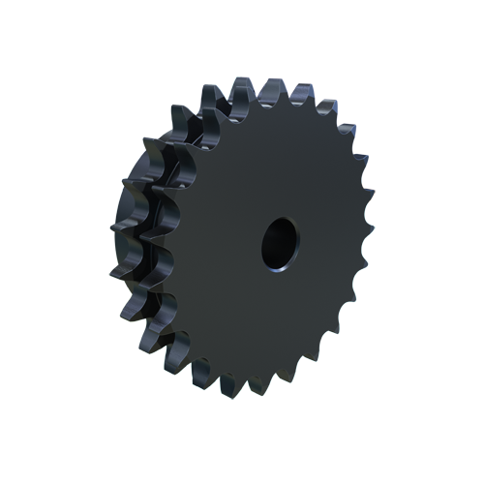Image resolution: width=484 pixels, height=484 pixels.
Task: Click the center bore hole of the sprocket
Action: coord(279,242)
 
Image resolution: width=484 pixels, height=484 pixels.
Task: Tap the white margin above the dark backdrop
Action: coord(242,39)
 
